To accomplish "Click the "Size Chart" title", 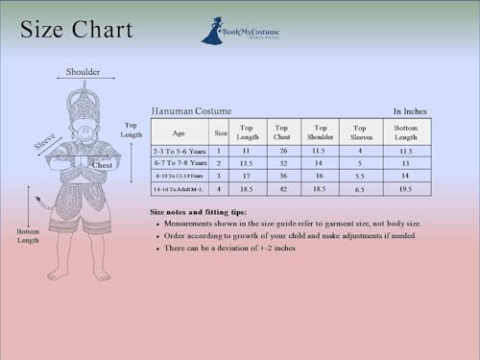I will [76, 30].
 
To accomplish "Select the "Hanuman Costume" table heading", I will [191, 110].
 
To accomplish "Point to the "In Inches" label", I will [410, 111].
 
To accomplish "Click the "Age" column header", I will [179, 132].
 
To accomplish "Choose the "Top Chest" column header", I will [282, 132].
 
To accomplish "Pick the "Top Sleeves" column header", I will [360, 132].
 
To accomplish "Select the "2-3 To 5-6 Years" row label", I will [180, 151].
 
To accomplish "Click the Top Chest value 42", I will [282, 190].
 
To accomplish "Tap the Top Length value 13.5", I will [247, 163].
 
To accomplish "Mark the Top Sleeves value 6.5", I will [360, 190].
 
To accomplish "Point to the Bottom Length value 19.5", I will [406, 190].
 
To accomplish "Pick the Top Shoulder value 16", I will [321, 177].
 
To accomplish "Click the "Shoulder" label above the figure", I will [83, 72].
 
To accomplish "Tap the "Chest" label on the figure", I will [102, 165].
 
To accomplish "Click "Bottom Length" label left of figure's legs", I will [29, 236].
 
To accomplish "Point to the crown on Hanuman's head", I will [84, 101].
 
